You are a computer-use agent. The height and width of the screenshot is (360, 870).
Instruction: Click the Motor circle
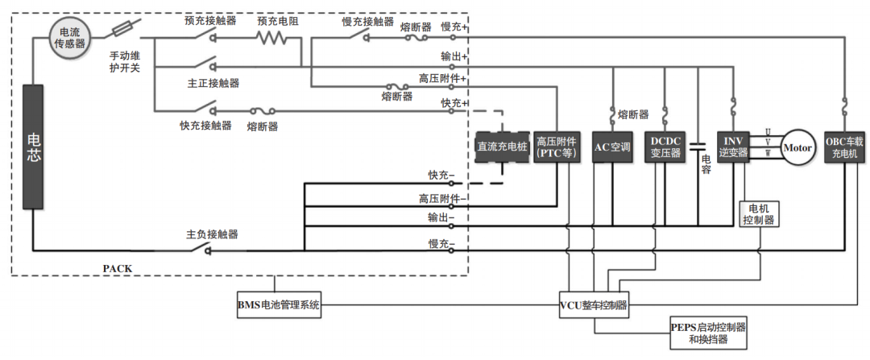[x=798, y=148]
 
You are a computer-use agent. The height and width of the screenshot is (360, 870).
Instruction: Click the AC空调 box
[x=613, y=147]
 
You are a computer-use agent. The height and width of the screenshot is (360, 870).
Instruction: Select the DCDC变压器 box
[x=665, y=147]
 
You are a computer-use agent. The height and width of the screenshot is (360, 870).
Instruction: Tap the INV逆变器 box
[x=733, y=147]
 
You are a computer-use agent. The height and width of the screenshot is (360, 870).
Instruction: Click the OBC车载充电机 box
[x=844, y=147]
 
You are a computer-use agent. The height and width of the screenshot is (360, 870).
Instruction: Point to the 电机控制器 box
[x=760, y=214]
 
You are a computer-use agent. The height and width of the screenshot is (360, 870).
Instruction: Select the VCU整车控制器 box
[x=594, y=305]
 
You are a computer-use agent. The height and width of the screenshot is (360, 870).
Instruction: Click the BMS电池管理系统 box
[x=279, y=305]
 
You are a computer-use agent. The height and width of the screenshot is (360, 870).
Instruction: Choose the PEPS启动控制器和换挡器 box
[x=710, y=333]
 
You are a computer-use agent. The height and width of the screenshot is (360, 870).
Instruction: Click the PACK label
[x=118, y=267]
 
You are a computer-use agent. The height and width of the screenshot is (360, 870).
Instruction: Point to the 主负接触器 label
[x=212, y=234]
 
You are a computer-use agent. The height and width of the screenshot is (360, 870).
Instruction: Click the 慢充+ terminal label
[x=454, y=27]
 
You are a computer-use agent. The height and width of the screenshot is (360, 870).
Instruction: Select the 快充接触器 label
[x=205, y=126]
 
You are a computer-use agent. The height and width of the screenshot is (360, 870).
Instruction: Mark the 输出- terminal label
[x=441, y=218]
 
